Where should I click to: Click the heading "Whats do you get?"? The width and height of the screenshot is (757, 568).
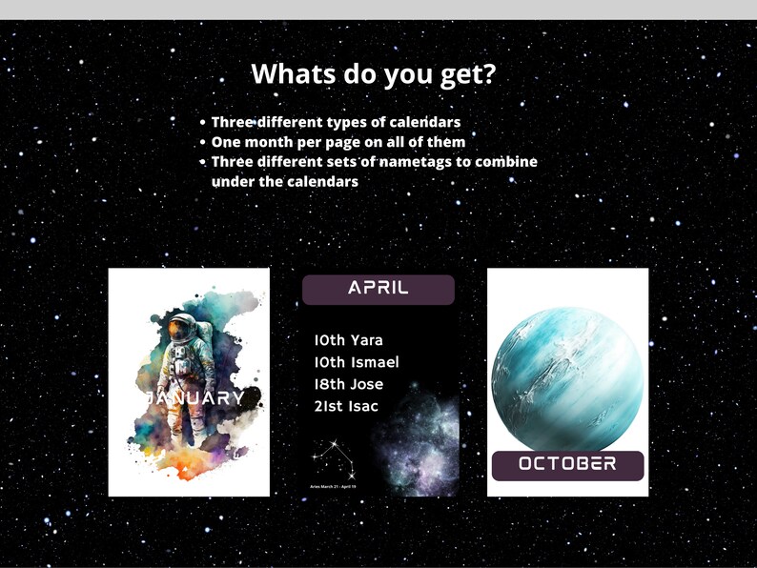[373, 73]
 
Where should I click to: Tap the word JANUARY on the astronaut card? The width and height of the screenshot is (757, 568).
[195, 397]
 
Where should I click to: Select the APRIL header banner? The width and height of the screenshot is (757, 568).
[378, 288]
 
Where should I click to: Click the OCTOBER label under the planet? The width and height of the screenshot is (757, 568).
[567, 464]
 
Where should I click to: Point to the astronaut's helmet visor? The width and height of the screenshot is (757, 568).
[179, 331]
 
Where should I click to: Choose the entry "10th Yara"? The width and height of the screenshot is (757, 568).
[348, 340]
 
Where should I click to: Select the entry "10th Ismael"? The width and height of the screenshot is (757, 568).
[356, 362]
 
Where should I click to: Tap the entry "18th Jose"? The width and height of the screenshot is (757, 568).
[348, 384]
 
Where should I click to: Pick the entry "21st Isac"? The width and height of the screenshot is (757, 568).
[345, 406]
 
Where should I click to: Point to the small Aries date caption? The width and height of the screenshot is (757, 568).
[333, 486]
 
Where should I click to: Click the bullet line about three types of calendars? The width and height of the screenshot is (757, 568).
[336, 122]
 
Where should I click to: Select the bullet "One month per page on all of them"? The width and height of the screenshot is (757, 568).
[338, 142]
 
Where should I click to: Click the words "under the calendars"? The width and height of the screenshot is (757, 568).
[284, 181]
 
